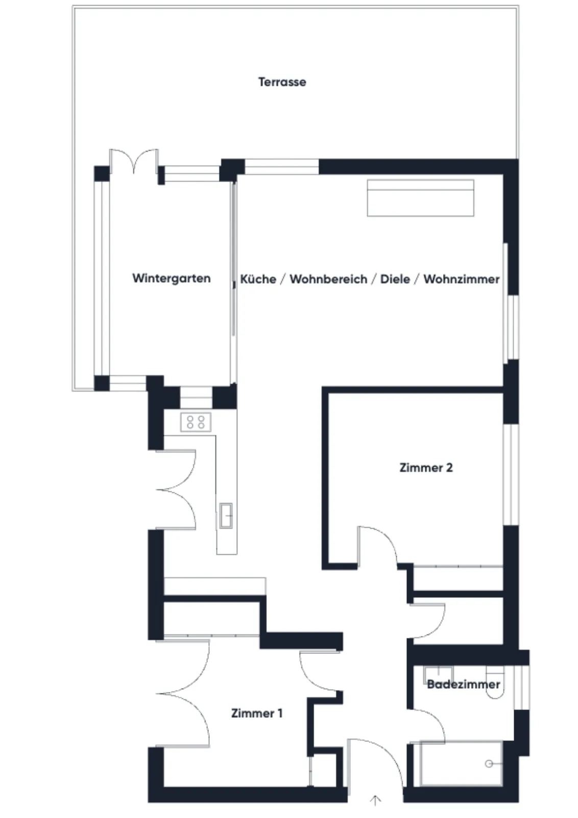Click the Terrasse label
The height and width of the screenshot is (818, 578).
(282, 82)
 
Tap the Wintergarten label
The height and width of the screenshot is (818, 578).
(172, 278)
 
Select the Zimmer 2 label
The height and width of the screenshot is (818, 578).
(426, 468)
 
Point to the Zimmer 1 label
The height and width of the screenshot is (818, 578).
(257, 713)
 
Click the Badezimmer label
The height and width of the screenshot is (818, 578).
(463, 685)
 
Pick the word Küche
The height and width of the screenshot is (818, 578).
(258, 279)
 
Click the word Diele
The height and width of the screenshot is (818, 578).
(395, 279)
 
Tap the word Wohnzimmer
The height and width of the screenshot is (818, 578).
(461, 279)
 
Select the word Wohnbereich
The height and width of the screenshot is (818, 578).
(328, 279)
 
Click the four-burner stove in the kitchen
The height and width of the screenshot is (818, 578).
(196, 422)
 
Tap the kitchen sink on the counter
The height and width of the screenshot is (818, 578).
(226, 515)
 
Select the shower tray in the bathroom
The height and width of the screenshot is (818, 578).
(461, 763)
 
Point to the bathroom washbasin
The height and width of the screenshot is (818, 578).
(438, 674)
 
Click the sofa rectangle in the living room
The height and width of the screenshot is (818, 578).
(420, 198)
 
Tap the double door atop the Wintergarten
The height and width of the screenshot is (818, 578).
(134, 161)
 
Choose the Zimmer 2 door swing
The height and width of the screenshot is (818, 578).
(377, 547)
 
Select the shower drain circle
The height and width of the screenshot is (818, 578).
(489, 764)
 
